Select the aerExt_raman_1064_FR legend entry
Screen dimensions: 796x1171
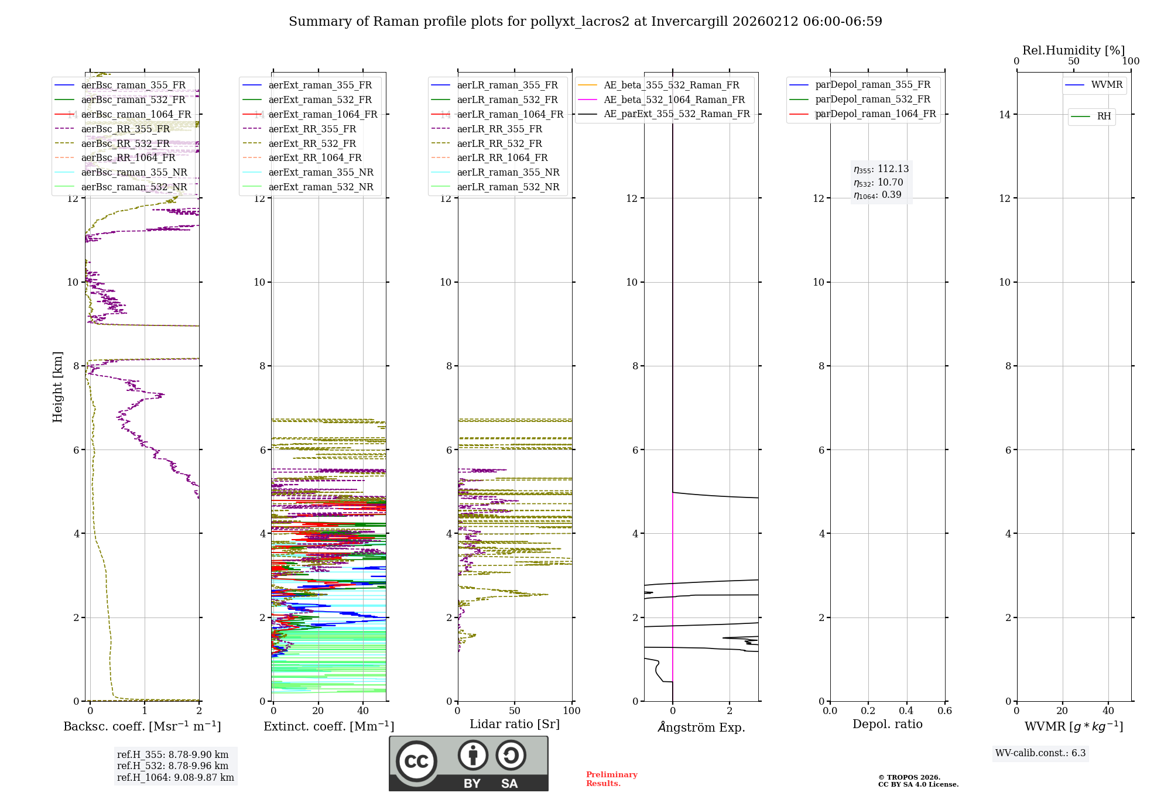[323, 114]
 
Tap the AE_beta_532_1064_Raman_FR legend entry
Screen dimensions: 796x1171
[674, 99]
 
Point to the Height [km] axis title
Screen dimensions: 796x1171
[57, 387]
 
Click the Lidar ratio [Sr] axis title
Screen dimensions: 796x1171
[514, 724]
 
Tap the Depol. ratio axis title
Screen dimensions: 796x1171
[887, 724]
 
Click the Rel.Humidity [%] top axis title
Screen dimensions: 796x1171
[1073, 50]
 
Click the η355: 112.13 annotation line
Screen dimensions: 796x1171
[881, 169]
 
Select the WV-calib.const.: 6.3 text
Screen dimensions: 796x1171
[1040, 753]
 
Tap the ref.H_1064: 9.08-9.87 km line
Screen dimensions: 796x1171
[175, 777]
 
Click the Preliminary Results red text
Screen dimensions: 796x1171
[611, 779]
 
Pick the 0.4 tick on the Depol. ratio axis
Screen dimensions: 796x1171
[906, 711]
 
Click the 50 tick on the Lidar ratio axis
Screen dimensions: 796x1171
[515, 711]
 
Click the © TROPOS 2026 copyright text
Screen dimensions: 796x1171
[909, 777]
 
